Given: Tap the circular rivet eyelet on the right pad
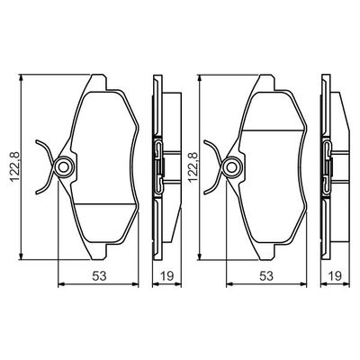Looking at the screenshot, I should (231, 167).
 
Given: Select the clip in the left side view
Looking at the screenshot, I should (159, 166).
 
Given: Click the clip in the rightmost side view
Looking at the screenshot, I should (330, 166).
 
